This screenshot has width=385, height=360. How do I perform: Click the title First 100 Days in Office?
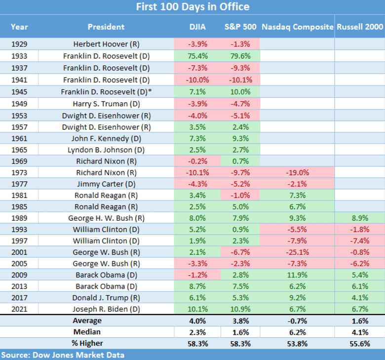pyautogui.click(x=192, y=7)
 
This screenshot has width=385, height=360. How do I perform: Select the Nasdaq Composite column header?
pyautogui.click(x=297, y=27)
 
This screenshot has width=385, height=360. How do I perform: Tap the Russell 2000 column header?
pyautogui.click(x=360, y=27)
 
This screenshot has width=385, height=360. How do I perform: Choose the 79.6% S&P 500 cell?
pyautogui.click(x=240, y=56)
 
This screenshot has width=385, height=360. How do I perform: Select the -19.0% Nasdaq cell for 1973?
pyautogui.click(x=297, y=173)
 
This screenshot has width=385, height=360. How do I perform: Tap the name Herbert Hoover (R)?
pyautogui.click(x=106, y=44)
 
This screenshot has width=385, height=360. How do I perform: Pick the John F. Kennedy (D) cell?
pyautogui.click(x=106, y=139)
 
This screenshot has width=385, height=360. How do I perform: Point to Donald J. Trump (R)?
pyautogui.click(x=106, y=297)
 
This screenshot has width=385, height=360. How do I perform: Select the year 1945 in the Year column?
pyautogui.click(x=19, y=91)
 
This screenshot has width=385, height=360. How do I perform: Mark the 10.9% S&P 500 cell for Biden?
pyautogui.click(x=240, y=309)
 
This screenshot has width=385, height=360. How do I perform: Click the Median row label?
pyautogui.click(x=87, y=332)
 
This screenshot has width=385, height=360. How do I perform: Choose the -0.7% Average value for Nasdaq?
pyautogui.click(x=297, y=320)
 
